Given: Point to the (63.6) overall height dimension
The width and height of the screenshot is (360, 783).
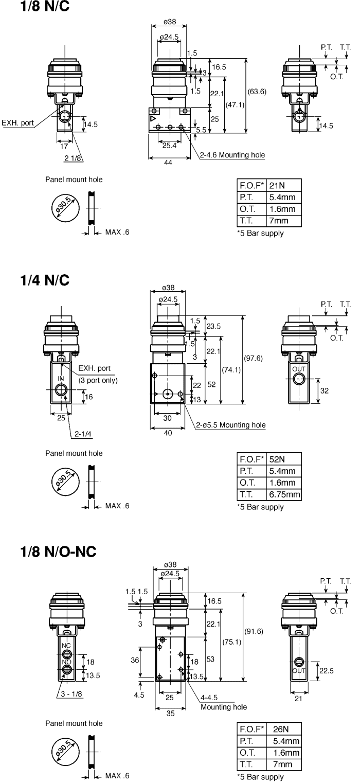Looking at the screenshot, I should pyautogui.click(x=257, y=92).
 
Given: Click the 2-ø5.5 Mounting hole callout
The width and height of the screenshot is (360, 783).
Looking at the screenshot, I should pyautogui.click(x=230, y=425).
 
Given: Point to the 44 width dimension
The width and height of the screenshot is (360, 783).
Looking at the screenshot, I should pyautogui.click(x=168, y=162).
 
